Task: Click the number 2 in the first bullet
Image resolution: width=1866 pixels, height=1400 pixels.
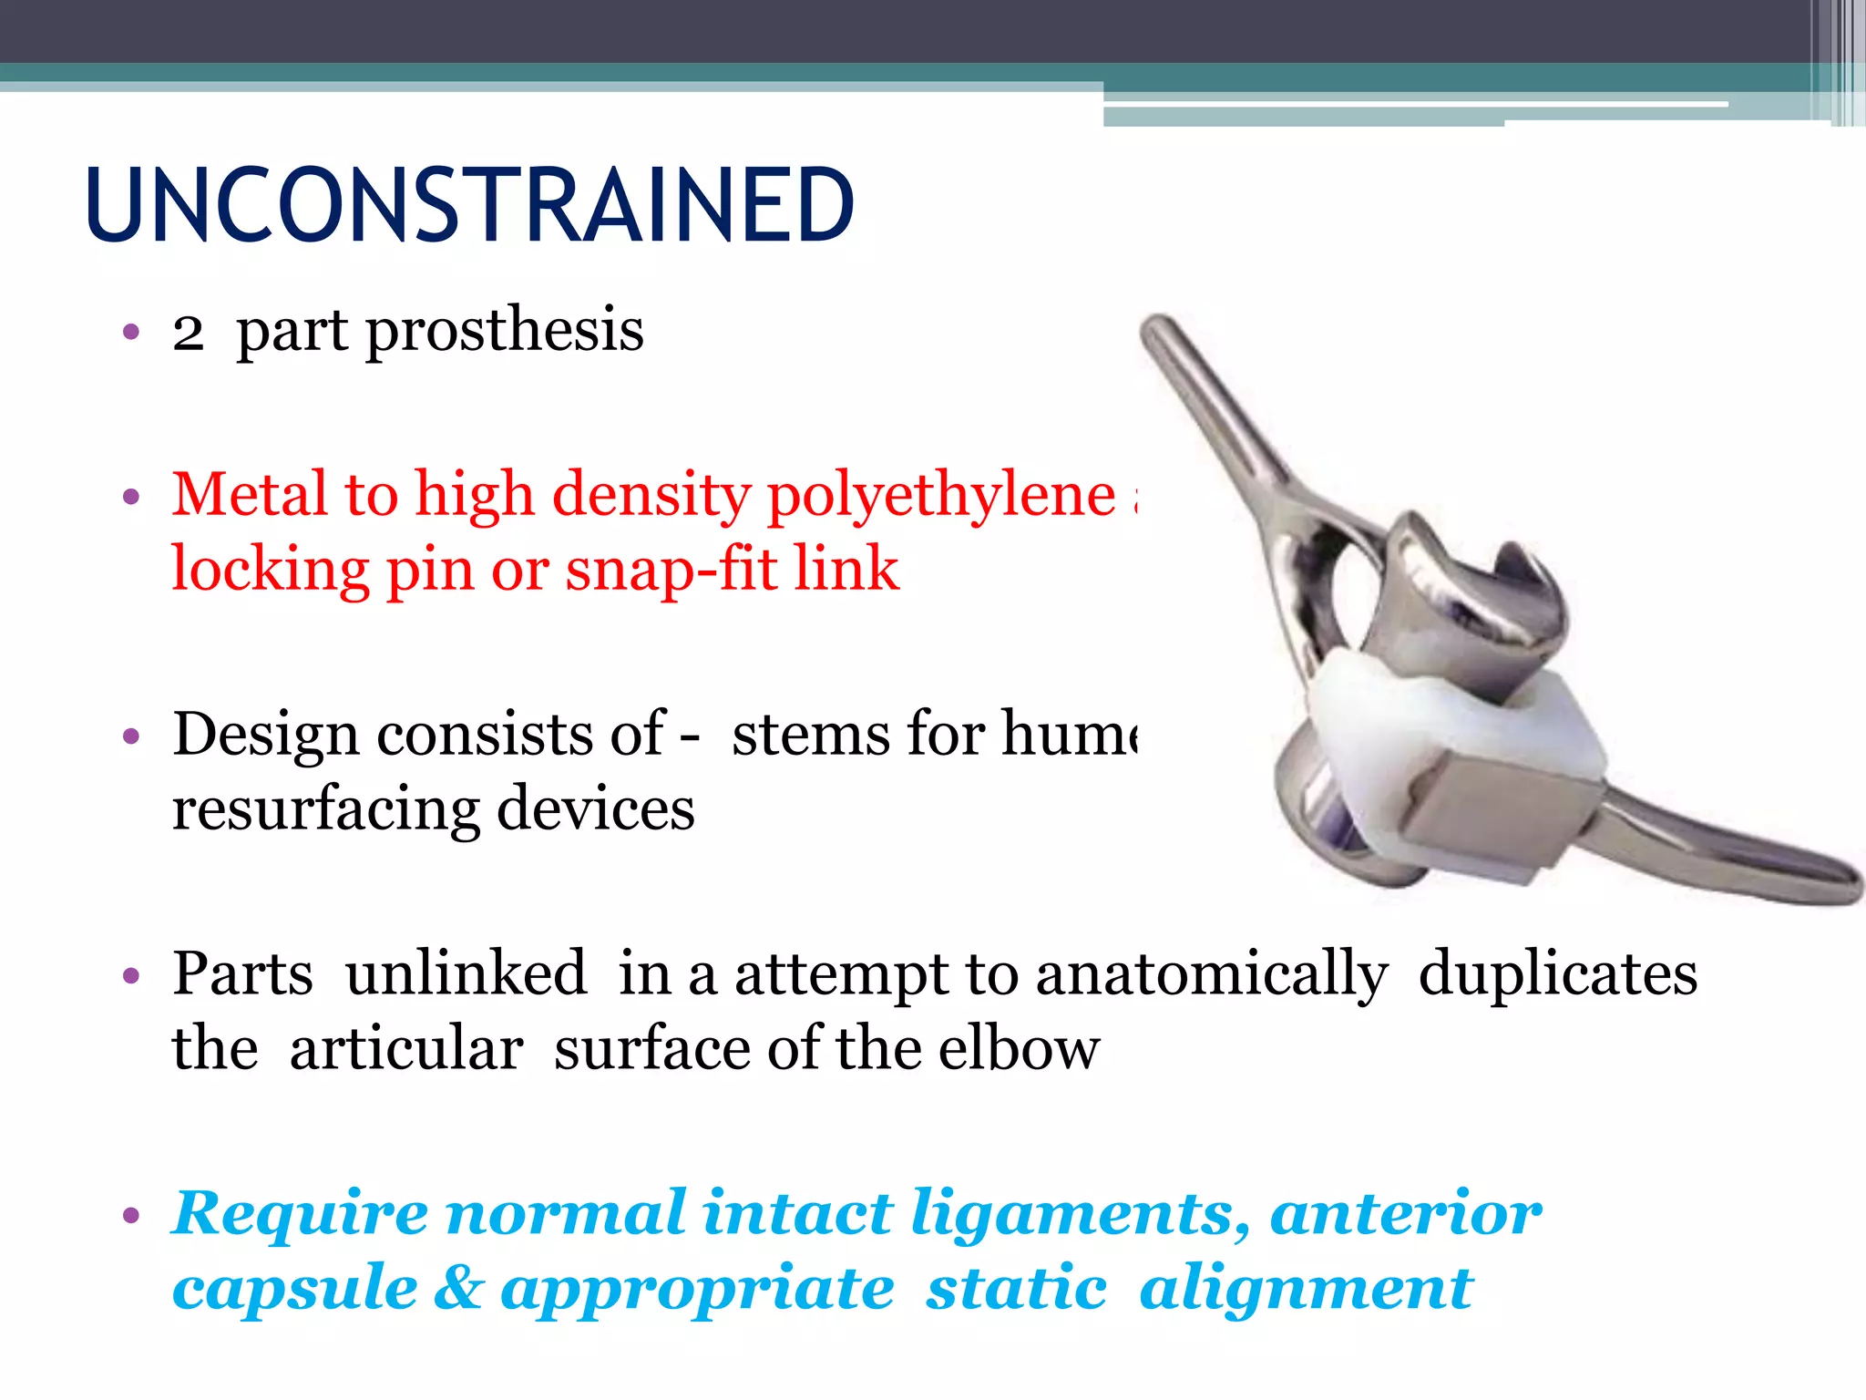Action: coord(188,332)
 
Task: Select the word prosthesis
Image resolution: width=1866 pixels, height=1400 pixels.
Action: coord(505,332)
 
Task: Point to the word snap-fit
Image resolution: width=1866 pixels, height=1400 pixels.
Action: coord(670,571)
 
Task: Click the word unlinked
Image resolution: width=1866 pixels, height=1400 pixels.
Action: coord(466,973)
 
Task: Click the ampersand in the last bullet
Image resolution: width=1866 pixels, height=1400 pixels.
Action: coord(458,1289)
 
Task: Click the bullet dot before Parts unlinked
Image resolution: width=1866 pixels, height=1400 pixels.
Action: coord(131,976)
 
